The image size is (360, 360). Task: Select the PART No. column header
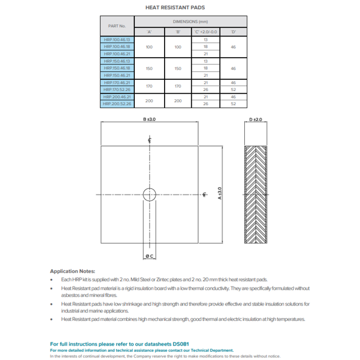[117, 26]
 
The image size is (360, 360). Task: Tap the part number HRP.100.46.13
[117, 39]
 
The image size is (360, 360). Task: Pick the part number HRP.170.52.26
[117, 89]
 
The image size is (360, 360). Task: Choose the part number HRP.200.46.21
[117, 97]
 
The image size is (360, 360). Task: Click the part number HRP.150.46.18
[117, 68]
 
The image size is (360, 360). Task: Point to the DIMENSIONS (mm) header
[190, 22]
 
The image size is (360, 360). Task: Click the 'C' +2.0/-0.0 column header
[205, 32]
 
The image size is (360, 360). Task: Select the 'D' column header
[233, 32]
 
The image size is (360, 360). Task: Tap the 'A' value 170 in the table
[149, 86]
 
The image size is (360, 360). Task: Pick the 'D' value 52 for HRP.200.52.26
[233, 104]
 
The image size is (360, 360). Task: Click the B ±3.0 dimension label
[149, 119]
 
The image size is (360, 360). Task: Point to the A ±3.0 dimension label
[220, 194]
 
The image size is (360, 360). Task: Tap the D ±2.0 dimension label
[256, 119]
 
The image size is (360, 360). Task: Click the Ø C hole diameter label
[150, 256]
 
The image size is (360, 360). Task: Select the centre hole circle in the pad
[149, 194]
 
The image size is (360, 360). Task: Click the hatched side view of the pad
[256, 194]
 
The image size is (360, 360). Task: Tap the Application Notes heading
[73, 271]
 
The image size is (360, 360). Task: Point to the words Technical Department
[212, 350]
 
